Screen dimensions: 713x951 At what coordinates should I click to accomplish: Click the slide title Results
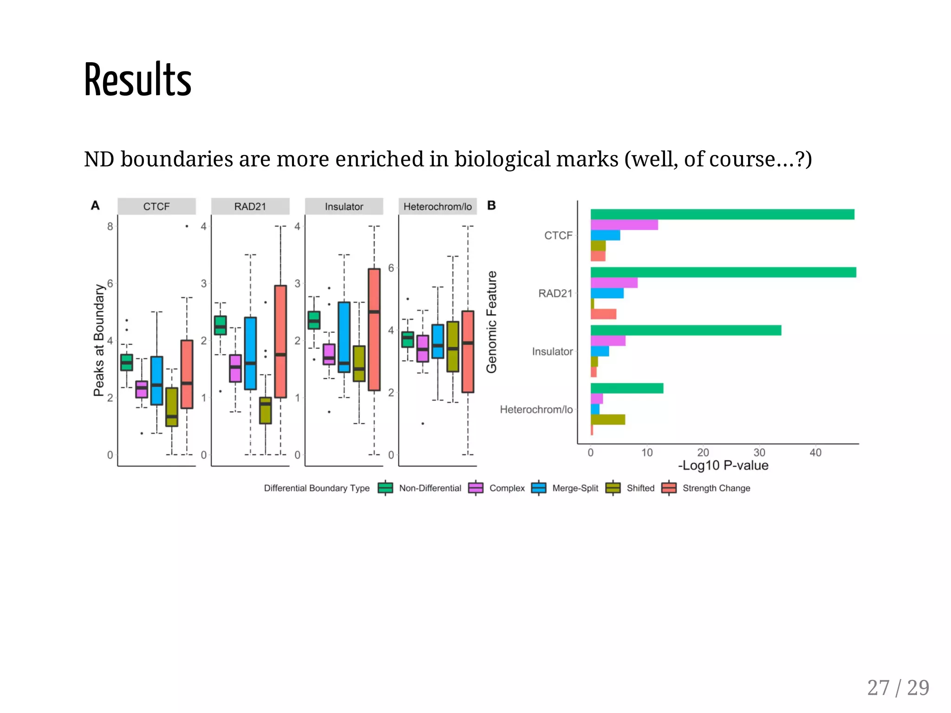137,80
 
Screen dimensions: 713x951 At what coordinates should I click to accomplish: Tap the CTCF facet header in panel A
156,207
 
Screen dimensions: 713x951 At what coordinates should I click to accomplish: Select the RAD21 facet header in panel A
250,207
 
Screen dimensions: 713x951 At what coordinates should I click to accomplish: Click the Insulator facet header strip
344,207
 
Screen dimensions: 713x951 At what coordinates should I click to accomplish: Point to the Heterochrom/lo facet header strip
437,207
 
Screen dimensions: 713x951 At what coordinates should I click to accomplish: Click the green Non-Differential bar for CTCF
722,214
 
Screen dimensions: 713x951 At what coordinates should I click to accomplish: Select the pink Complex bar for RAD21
614,283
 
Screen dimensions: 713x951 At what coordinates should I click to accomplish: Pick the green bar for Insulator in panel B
686,330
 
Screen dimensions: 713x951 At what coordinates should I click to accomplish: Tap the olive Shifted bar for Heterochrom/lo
608,420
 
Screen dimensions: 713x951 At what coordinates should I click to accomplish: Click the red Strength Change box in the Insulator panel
374,330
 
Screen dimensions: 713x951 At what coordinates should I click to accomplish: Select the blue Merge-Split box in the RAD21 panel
250,353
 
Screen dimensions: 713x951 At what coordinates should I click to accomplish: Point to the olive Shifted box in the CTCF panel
172,407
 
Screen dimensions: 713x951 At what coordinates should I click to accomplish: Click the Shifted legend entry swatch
613,488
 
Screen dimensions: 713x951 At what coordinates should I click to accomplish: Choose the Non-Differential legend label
430,488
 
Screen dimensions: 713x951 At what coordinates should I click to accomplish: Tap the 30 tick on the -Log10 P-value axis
759,453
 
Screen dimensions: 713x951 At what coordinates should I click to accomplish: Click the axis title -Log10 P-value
723,466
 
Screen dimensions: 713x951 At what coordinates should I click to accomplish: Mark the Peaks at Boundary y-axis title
99,340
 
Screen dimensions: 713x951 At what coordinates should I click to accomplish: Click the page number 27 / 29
898,687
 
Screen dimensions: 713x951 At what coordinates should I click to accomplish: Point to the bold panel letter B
492,205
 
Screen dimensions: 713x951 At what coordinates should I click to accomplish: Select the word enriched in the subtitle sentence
379,159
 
